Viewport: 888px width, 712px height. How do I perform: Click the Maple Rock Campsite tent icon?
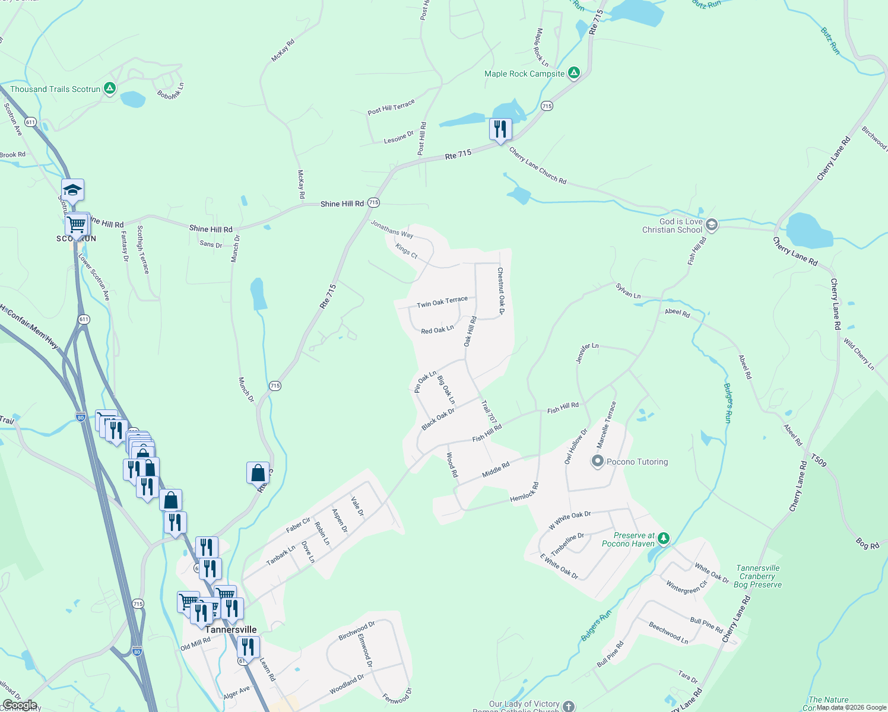click(x=573, y=73)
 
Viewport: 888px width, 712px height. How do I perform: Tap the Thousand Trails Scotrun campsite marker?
click(x=109, y=89)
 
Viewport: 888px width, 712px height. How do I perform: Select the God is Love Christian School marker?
click(x=712, y=225)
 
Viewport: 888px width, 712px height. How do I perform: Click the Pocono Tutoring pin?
click(x=598, y=461)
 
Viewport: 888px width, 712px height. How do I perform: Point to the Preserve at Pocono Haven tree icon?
click(x=664, y=538)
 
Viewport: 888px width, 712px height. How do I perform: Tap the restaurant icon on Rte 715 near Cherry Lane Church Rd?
click(x=500, y=129)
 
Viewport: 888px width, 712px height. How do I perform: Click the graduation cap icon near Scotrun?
click(x=72, y=190)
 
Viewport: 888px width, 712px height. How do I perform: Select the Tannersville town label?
click(x=231, y=630)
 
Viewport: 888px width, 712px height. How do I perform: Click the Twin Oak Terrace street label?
click(x=442, y=302)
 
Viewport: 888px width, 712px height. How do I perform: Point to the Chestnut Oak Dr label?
click(x=501, y=290)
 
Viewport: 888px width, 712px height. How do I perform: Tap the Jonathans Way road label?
click(x=392, y=229)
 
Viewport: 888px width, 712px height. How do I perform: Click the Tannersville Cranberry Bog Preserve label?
click(x=757, y=576)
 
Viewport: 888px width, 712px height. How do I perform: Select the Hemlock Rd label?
click(x=524, y=492)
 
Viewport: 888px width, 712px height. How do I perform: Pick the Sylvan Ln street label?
click(x=628, y=291)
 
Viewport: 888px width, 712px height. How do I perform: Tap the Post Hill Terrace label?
click(x=391, y=107)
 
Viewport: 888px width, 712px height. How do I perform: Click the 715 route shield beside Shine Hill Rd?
click(x=373, y=202)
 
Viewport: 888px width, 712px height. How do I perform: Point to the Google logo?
click(x=20, y=705)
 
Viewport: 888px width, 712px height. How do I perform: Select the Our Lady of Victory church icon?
click(x=569, y=705)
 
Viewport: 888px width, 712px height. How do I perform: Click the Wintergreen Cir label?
click(x=687, y=586)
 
